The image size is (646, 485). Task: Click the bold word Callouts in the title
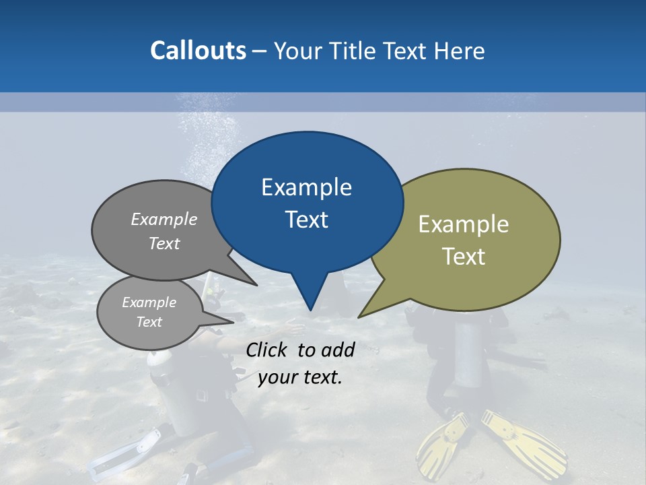point(198,51)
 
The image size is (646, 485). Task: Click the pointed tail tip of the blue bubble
point(310,309)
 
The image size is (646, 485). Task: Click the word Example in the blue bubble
point(306,187)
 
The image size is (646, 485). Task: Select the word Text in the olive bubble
point(464,257)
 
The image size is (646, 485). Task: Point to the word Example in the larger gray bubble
point(164,220)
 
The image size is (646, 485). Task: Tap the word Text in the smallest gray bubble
point(149,322)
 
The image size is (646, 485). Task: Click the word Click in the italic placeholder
point(267,350)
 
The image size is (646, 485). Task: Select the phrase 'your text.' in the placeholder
point(299,377)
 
